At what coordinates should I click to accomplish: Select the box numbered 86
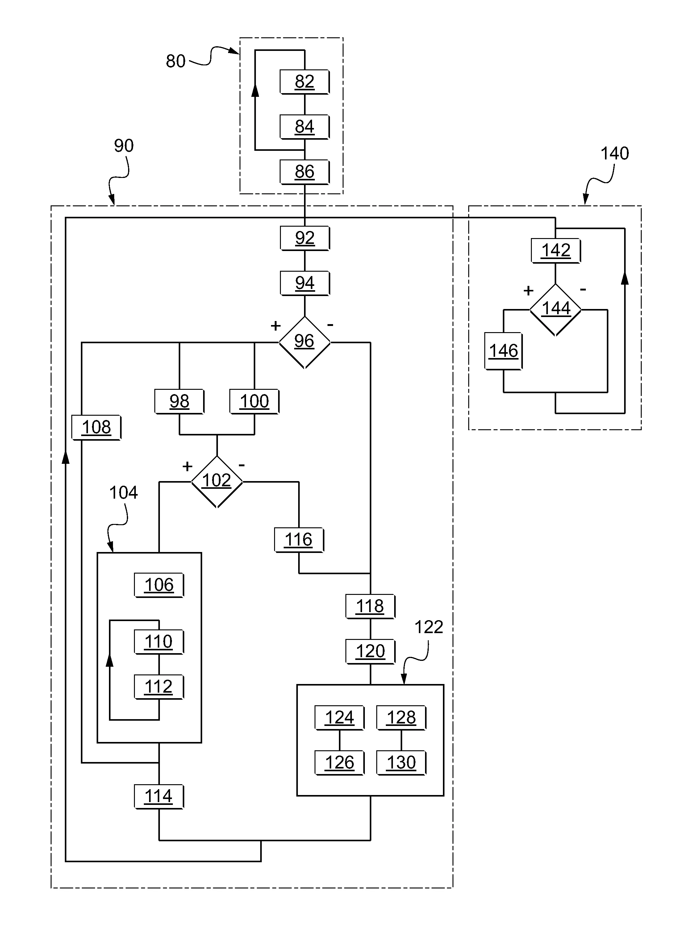pyautogui.click(x=304, y=172)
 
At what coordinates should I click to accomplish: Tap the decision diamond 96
pyautogui.click(x=304, y=342)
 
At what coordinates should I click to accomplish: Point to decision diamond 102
pyautogui.click(x=217, y=481)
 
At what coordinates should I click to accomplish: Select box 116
pyautogui.click(x=298, y=540)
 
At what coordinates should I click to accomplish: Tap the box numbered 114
pyautogui.click(x=159, y=796)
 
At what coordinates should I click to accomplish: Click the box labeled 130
pyautogui.click(x=401, y=762)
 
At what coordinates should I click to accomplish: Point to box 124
pyautogui.click(x=339, y=718)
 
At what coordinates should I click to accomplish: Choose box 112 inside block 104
pyautogui.click(x=159, y=687)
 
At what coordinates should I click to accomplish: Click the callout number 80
pyautogui.click(x=176, y=61)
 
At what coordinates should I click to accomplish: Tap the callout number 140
pyautogui.click(x=615, y=154)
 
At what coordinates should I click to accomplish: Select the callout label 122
pyautogui.click(x=428, y=628)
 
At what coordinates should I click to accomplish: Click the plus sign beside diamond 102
pyautogui.click(x=187, y=467)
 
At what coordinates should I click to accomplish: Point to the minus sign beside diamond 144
pyautogui.click(x=583, y=290)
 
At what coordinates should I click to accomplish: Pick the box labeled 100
pyautogui.click(x=254, y=401)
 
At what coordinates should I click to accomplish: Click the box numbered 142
pyautogui.click(x=556, y=251)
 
